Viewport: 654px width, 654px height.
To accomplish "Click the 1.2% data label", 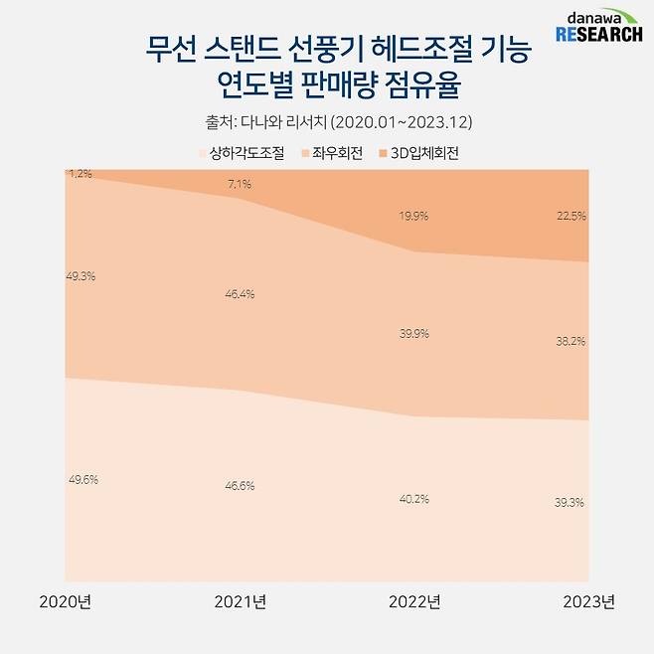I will click(x=81, y=174).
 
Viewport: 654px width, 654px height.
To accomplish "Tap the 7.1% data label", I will click(x=240, y=184).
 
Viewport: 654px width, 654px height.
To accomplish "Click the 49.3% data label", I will click(x=81, y=276).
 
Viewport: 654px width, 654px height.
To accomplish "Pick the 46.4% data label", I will click(x=240, y=294).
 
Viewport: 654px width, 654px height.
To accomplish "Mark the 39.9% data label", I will click(x=414, y=334).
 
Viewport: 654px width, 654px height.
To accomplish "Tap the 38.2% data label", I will click(x=570, y=340).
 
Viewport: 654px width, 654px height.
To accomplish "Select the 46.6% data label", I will click(x=240, y=486).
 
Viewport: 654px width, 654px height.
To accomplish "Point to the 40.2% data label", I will click(x=414, y=499).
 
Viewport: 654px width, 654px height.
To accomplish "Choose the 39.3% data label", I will click(x=570, y=503).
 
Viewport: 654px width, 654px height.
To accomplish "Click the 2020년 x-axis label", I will click(x=65, y=603).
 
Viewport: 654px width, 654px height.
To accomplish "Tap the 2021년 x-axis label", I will click(x=240, y=603).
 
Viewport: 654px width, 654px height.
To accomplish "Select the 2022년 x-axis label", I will click(x=414, y=603).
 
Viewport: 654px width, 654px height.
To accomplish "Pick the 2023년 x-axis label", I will click(x=588, y=603).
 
